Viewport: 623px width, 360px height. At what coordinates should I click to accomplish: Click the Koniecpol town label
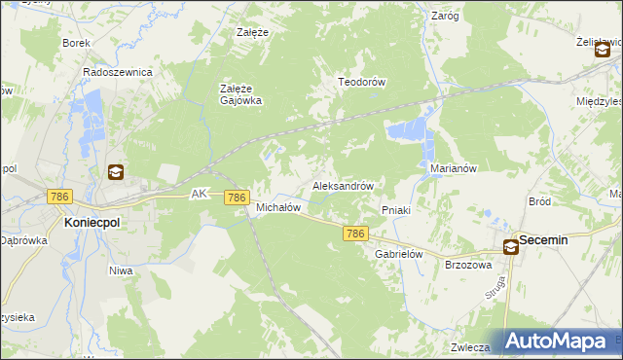92,222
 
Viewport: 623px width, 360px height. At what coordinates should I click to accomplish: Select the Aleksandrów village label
343,185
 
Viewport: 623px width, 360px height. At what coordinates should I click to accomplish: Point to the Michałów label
277,207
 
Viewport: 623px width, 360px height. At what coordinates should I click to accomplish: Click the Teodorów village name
362,82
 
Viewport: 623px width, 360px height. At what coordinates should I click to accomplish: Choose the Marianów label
452,167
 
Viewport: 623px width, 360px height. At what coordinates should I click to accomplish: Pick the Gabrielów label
397,253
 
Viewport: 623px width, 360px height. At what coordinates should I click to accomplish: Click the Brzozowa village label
468,264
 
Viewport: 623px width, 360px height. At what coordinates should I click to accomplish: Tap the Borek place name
75,43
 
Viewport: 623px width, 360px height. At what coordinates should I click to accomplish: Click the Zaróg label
444,16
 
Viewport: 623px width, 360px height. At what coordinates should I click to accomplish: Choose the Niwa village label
121,270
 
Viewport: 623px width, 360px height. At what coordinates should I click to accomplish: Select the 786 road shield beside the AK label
236,198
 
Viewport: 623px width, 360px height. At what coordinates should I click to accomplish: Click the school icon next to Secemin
510,247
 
